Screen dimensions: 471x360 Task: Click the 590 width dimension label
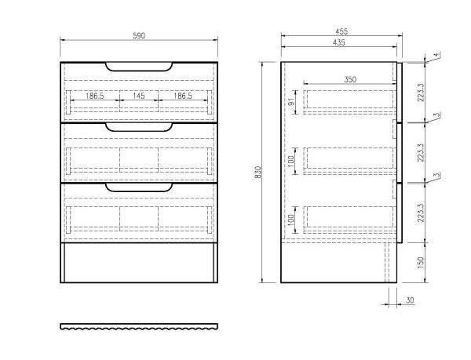coord(139,36)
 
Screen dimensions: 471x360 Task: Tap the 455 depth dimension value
coord(341,31)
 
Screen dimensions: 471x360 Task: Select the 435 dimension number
coord(339,42)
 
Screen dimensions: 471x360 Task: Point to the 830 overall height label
coord(258,173)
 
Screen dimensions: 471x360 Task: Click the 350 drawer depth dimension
coord(350,79)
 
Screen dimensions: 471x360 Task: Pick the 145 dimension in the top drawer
coord(138,96)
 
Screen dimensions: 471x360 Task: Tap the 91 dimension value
coord(291,102)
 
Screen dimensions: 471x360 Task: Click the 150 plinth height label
coord(421,263)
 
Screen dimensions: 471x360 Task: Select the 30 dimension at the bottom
coord(410,300)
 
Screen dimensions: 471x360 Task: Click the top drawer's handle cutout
coord(139,67)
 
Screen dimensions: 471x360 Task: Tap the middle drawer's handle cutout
coord(139,127)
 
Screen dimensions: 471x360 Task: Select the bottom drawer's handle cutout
coord(139,187)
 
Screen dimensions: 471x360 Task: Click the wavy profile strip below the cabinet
coord(139,327)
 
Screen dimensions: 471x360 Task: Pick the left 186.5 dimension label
coord(95,96)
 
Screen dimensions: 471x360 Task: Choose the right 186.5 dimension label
coord(183,96)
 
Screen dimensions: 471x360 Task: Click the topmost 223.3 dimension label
coord(421,93)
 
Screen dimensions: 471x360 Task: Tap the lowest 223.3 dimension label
coord(421,213)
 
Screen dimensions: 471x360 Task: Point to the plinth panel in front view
coord(139,263)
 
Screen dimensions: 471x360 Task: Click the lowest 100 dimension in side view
coord(291,220)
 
